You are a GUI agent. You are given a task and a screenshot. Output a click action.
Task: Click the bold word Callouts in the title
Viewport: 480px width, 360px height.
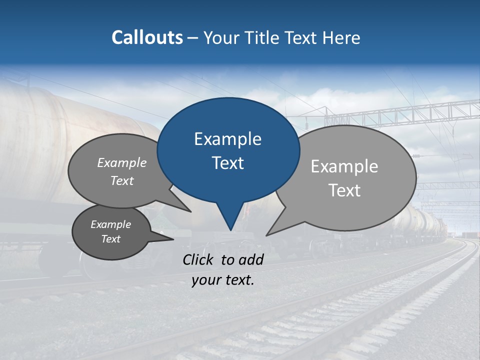pos(147,37)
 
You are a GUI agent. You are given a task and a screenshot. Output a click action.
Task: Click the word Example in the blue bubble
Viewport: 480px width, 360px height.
pos(227,139)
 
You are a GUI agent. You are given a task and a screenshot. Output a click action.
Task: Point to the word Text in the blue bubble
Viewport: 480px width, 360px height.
pos(227,163)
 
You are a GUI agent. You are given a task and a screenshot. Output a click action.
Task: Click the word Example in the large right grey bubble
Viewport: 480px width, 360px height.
pos(344,166)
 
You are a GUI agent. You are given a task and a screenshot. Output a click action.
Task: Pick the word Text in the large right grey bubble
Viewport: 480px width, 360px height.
pos(344,190)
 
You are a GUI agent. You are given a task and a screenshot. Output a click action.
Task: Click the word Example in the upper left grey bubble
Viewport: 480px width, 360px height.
pos(122,163)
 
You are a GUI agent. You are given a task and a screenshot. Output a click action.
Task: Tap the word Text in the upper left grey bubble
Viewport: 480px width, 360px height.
pos(122,180)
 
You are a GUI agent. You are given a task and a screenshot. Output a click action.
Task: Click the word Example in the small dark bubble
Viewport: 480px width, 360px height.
pos(111,224)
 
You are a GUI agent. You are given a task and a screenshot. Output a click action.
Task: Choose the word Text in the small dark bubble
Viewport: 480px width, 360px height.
pos(111,239)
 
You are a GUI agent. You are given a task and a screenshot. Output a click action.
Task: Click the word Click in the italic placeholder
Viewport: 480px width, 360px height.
pos(199,259)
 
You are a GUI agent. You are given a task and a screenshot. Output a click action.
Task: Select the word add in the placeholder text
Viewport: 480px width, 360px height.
pos(251,259)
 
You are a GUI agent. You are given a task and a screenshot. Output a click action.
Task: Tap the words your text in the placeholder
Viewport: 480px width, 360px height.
pos(223,280)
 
